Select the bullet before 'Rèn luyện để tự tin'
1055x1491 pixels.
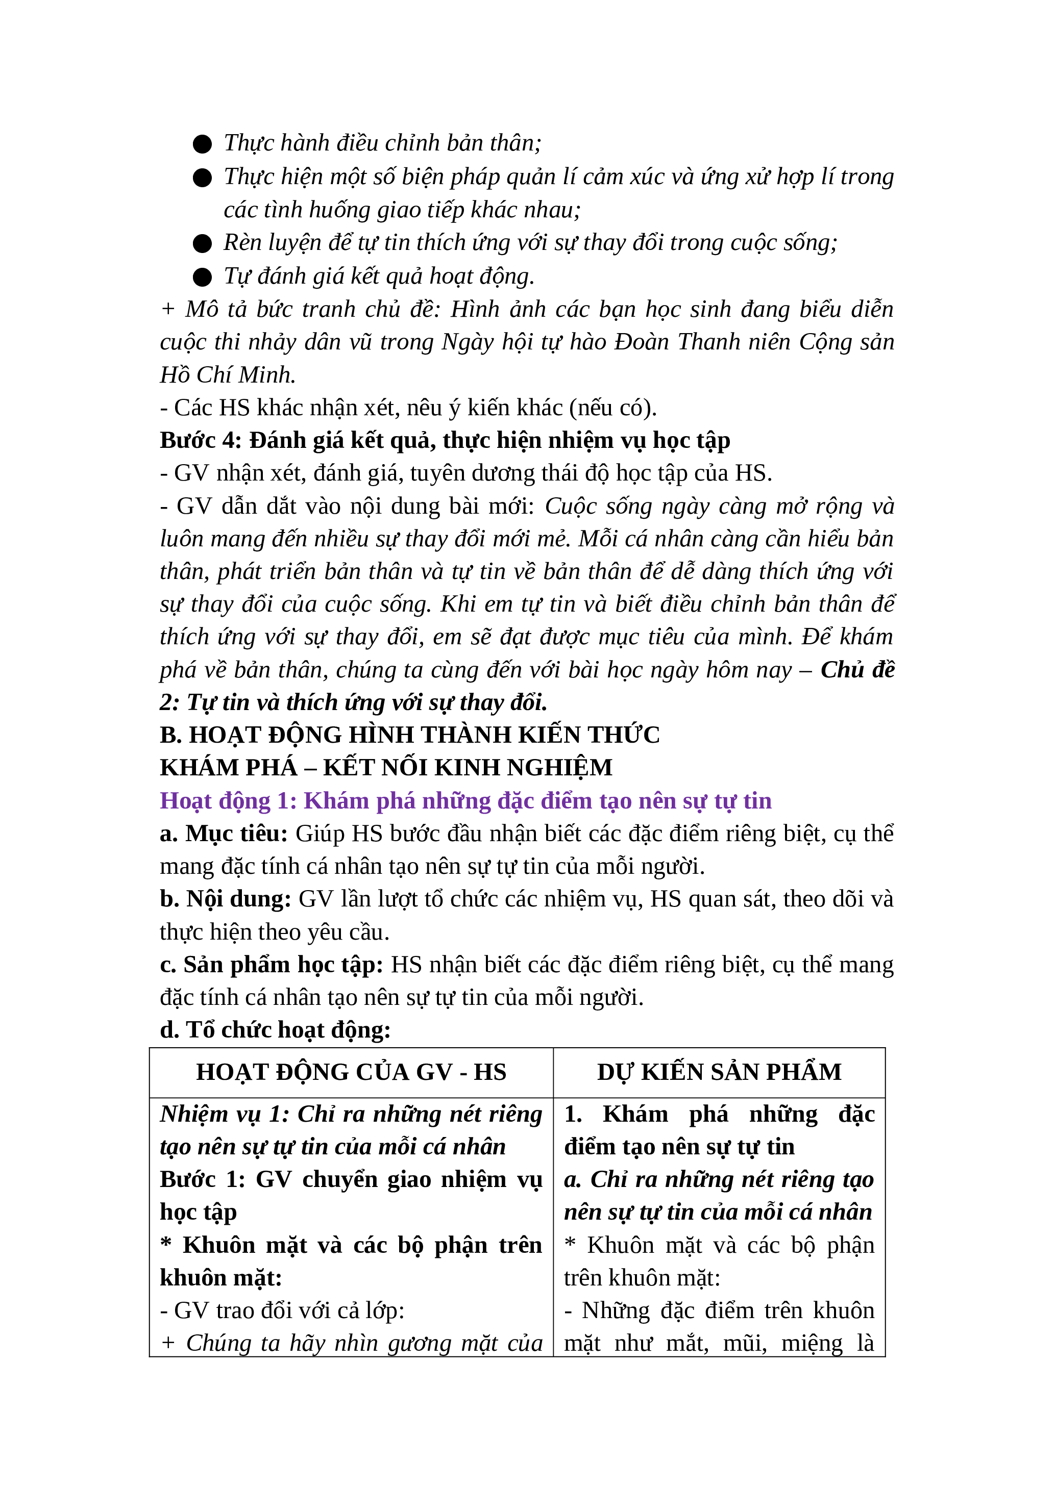202,243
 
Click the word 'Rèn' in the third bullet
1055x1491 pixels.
241,243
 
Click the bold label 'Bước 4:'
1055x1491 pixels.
201,440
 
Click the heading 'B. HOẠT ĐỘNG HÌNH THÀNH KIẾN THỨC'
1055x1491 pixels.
409,735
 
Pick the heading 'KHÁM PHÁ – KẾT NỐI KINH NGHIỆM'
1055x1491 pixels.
386,768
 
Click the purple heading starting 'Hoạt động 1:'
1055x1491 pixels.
465,801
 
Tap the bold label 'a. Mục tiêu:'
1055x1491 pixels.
224,834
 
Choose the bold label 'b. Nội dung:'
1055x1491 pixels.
226,899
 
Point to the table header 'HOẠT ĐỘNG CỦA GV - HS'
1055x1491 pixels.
351,1072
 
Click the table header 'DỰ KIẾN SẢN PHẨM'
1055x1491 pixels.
719,1072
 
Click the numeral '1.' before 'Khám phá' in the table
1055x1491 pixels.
573,1115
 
